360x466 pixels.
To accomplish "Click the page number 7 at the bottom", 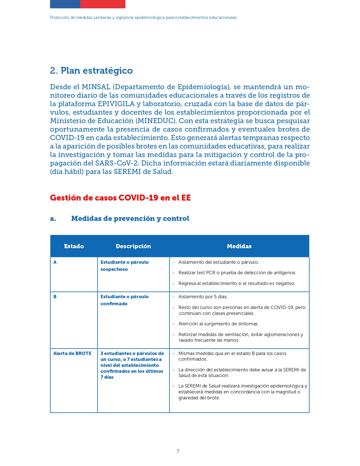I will [178, 451].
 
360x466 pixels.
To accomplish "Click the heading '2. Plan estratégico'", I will [91, 71].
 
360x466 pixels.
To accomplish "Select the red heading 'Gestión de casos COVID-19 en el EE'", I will [120, 198].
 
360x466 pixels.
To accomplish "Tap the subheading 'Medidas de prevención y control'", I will [130, 219].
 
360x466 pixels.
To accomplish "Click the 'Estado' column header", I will [74, 246].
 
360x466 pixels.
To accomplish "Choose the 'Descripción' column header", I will [133, 246].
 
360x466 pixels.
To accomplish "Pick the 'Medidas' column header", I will [239, 246].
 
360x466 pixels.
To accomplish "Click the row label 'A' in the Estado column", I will [55, 262].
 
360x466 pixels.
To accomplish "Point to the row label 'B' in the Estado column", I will [55, 297].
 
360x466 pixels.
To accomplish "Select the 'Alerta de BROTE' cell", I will [72, 354].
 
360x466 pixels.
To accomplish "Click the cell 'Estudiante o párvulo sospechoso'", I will [125, 266].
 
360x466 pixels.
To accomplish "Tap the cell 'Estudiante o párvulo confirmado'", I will [125, 300].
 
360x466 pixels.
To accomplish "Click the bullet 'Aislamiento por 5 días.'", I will [203, 297].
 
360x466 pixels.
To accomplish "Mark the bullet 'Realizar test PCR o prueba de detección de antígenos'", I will [237, 273].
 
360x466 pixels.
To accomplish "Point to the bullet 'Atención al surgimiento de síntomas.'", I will [219, 324].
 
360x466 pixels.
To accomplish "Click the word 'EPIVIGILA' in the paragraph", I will [116, 104].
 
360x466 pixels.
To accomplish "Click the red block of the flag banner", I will [103, 4].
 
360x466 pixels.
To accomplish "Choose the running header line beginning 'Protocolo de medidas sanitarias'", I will [143, 18].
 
